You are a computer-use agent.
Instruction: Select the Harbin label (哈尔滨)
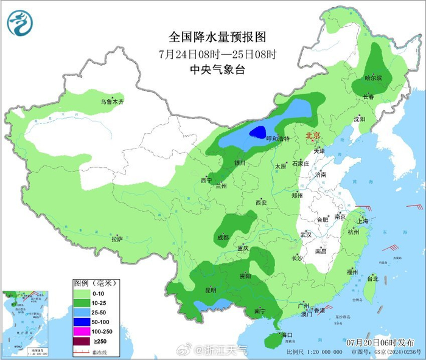coord(373,78)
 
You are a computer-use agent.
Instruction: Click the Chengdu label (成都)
coord(222,237)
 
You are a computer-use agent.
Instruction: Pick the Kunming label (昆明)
coord(211,290)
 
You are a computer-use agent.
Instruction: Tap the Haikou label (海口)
coord(286,335)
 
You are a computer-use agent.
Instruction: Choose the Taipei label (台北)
coord(372,279)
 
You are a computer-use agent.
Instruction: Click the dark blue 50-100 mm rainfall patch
coord(259,131)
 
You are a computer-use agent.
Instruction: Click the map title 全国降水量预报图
coord(217,37)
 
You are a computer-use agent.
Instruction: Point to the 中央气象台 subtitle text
coord(217,70)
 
